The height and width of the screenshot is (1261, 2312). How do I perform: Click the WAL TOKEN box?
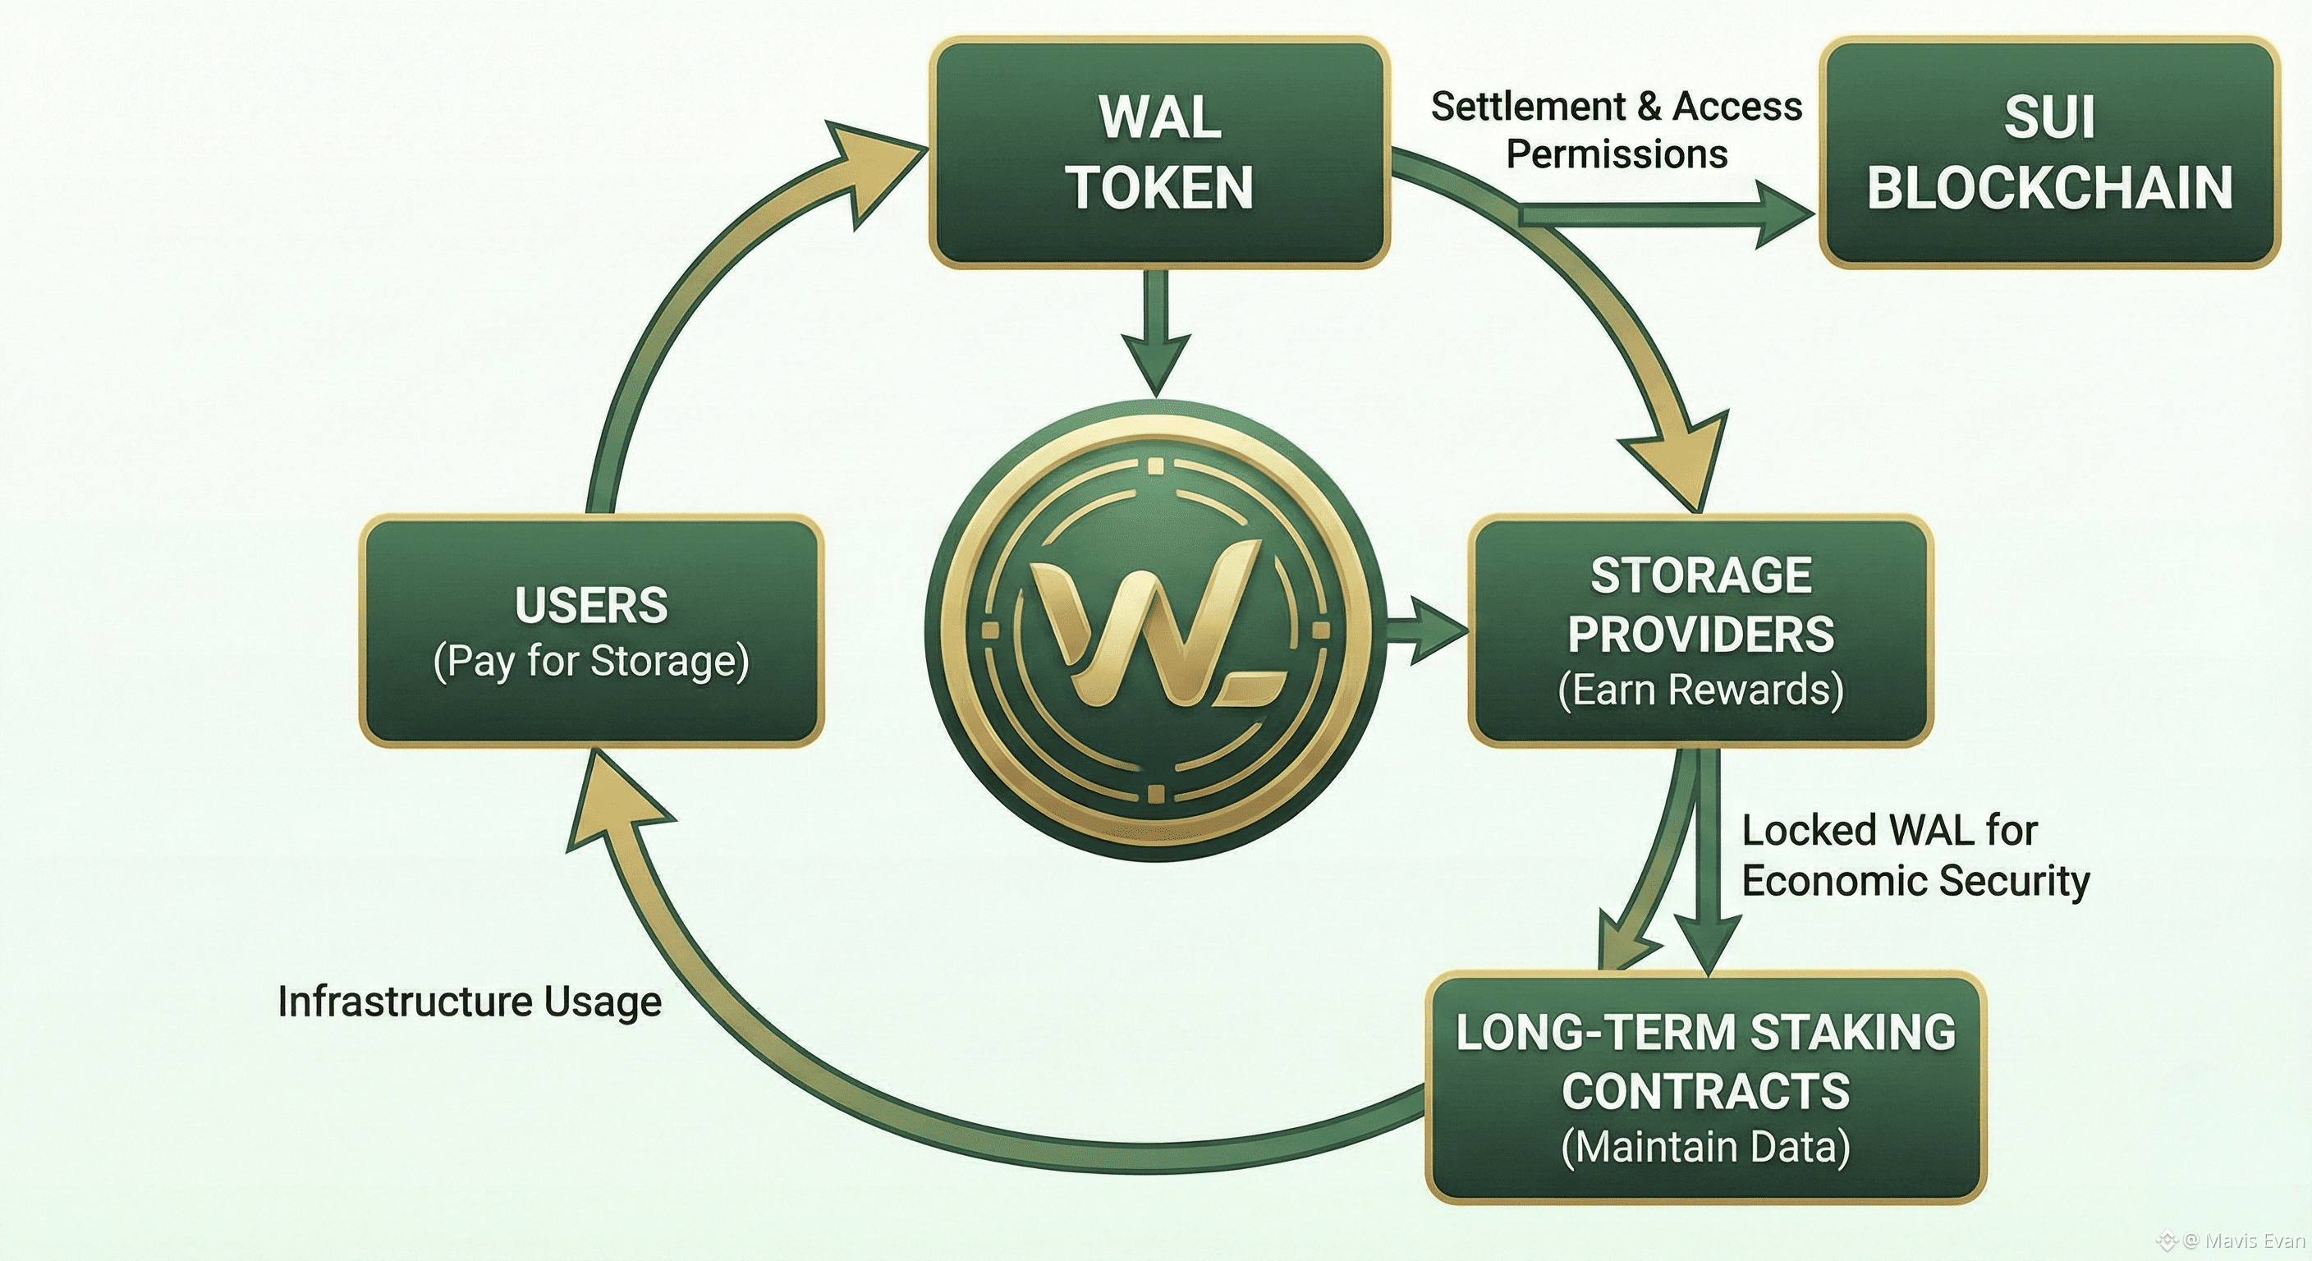pos(1159,153)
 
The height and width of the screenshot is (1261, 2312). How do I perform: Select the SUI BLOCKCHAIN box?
pos(2050,153)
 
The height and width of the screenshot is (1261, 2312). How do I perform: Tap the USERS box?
pos(591,631)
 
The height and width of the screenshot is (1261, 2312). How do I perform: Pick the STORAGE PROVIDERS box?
pos(1701,631)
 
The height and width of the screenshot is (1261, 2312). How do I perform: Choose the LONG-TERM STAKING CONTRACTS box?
pos(1705,1087)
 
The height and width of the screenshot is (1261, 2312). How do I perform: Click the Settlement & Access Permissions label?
pos(1617,131)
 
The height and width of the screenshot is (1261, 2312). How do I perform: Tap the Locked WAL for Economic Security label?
pos(1915,855)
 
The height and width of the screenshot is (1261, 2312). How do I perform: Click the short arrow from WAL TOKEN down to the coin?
pos(1158,332)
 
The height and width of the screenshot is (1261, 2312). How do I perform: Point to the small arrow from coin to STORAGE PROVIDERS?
pos(1425,632)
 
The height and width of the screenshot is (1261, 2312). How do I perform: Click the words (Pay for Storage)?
pos(591,663)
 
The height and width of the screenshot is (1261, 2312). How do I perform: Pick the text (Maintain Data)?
pos(1705,1148)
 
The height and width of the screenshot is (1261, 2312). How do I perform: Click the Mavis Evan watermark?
pos(2232,1241)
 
